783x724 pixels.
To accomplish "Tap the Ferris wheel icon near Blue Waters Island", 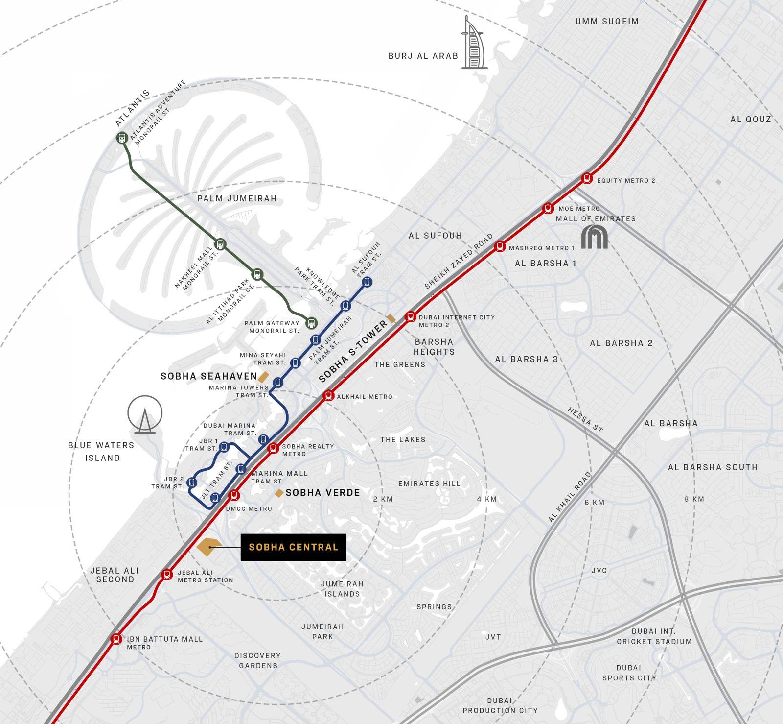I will (145, 414).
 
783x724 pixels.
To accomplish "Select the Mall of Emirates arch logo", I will (594, 237).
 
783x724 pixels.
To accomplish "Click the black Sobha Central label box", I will (293, 547).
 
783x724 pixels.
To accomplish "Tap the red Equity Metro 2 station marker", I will (587, 178).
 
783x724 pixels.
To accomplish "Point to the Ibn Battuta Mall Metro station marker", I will (116, 639).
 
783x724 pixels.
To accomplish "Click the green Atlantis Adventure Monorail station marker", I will (122, 138).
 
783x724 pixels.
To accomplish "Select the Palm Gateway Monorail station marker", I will (311, 323).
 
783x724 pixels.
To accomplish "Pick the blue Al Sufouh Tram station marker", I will (367, 281).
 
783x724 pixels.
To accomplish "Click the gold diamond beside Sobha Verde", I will (279, 493).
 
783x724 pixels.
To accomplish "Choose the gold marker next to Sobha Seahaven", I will (263, 377).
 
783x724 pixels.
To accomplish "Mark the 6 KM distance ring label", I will (594, 502).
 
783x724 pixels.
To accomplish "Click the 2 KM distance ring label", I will (383, 499).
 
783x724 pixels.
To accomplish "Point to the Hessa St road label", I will (585, 419).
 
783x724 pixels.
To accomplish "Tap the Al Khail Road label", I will (570, 497).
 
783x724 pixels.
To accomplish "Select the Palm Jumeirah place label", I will (237, 198).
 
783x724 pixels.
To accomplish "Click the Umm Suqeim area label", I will (607, 21).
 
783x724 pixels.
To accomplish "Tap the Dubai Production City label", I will (500, 705).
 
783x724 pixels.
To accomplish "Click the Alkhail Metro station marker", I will (329, 395).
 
